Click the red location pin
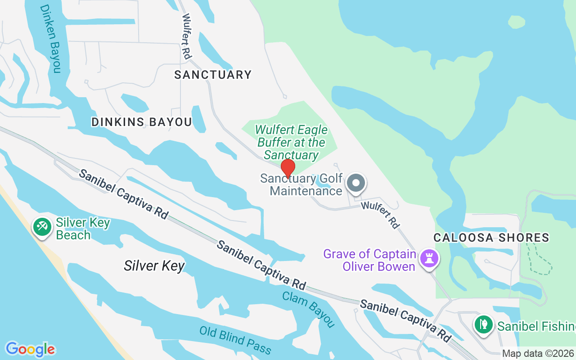(x=288, y=169)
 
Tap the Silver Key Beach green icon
(x=43, y=226)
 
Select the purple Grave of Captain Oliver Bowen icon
(x=429, y=258)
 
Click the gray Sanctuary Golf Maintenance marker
(x=356, y=184)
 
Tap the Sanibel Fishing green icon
(x=484, y=324)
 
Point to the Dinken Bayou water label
(x=50, y=38)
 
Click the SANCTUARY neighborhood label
(x=213, y=75)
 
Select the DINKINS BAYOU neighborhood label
(x=142, y=122)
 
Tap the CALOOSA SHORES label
(x=491, y=238)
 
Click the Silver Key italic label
(x=154, y=265)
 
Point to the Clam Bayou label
(x=309, y=309)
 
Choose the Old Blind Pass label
(x=235, y=340)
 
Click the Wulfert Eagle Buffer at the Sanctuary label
(x=291, y=142)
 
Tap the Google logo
(x=31, y=349)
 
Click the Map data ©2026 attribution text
(x=538, y=353)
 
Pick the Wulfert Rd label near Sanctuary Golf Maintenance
(x=381, y=215)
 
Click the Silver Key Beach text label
(x=83, y=229)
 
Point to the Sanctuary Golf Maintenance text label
(x=301, y=184)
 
